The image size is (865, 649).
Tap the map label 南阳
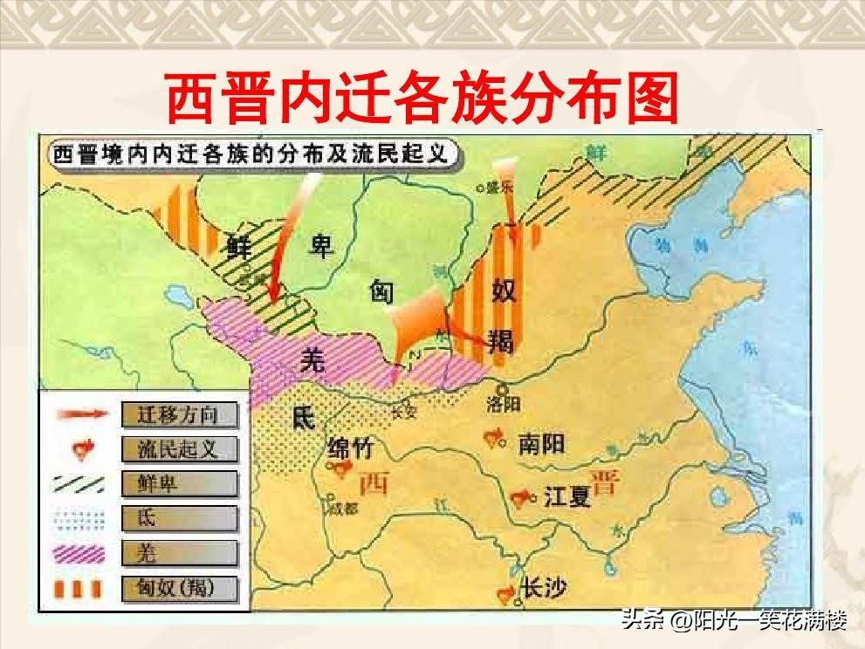click(x=541, y=443)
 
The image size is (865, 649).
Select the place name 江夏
click(x=567, y=496)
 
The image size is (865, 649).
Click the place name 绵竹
click(x=350, y=448)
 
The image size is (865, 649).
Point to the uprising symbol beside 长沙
click(x=505, y=593)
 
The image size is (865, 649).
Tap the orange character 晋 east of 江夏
click(x=602, y=482)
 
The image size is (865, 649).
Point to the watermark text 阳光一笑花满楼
click(x=770, y=623)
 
